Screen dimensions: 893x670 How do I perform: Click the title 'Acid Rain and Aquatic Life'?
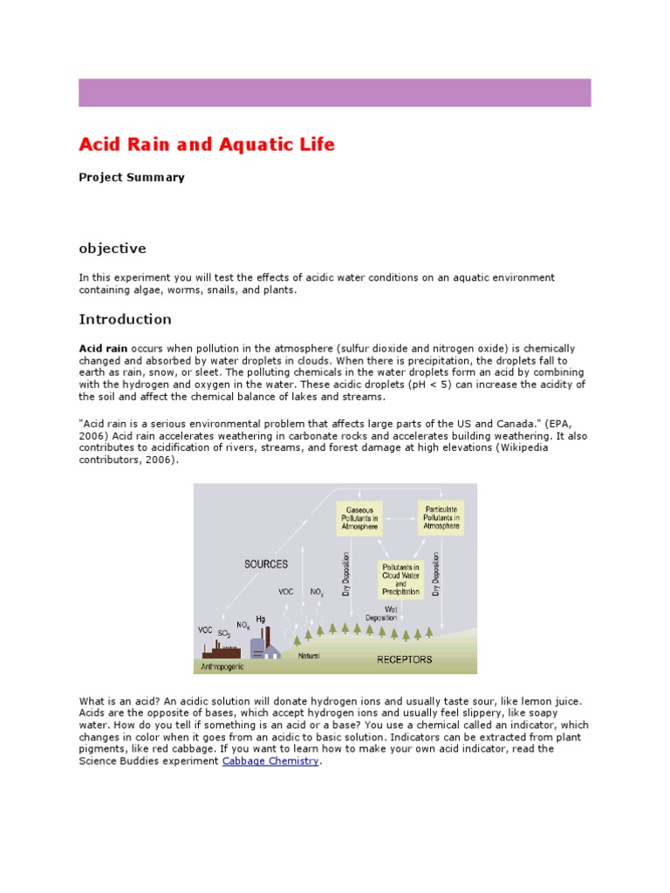click(x=207, y=145)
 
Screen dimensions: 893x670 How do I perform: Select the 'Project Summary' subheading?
click(x=132, y=177)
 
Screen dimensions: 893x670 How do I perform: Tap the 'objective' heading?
click(x=113, y=249)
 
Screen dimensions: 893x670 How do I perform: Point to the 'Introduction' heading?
click(x=125, y=319)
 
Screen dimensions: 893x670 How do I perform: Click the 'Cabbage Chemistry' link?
click(x=270, y=761)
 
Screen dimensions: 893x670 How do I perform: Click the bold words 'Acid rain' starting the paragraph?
click(x=103, y=349)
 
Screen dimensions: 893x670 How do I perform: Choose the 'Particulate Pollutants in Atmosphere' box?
click(x=441, y=517)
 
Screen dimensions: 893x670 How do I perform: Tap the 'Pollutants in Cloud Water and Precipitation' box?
click(x=401, y=579)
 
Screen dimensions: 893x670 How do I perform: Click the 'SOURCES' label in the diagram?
click(x=266, y=564)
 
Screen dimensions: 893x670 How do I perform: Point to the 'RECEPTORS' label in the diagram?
click(x=404, y=659)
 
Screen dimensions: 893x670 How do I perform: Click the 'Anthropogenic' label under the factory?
click(x=222, y=666)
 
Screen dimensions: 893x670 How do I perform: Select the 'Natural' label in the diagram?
click(x=309, y=655)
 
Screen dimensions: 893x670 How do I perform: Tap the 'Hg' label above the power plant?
click(x=260, y=618)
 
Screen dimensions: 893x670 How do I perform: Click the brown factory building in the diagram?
click(x=222, y=650)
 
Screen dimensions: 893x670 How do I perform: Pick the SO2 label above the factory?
click(x=224, y=633)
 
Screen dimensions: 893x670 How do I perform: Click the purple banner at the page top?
click(x=335, y=92)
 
